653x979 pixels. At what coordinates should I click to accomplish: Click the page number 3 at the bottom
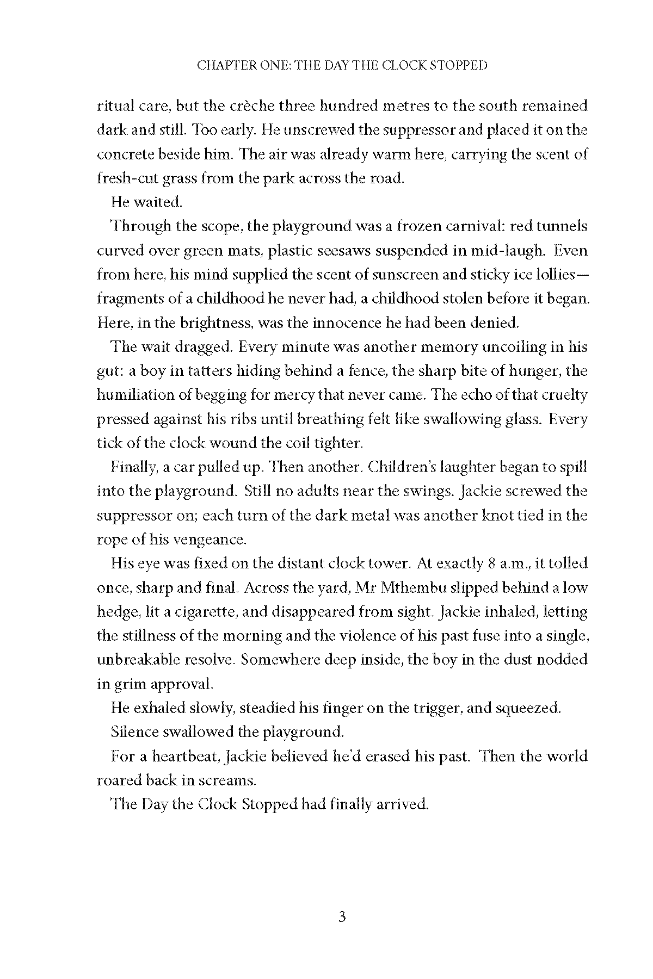pyautogui.click(x=342, y=918)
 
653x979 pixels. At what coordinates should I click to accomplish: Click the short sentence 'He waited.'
pyautogui.click(x=146, y=202)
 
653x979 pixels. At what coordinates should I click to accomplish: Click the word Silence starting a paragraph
pyautogui.click(x=135, y=732)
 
